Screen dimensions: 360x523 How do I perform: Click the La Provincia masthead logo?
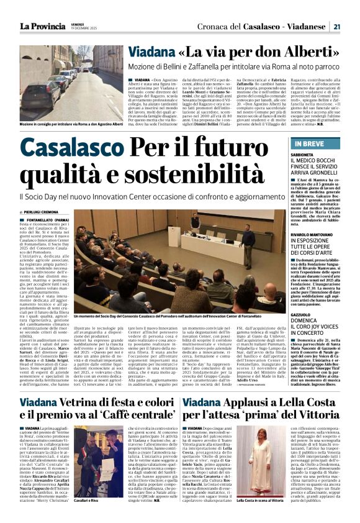click(x=42, y=27)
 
